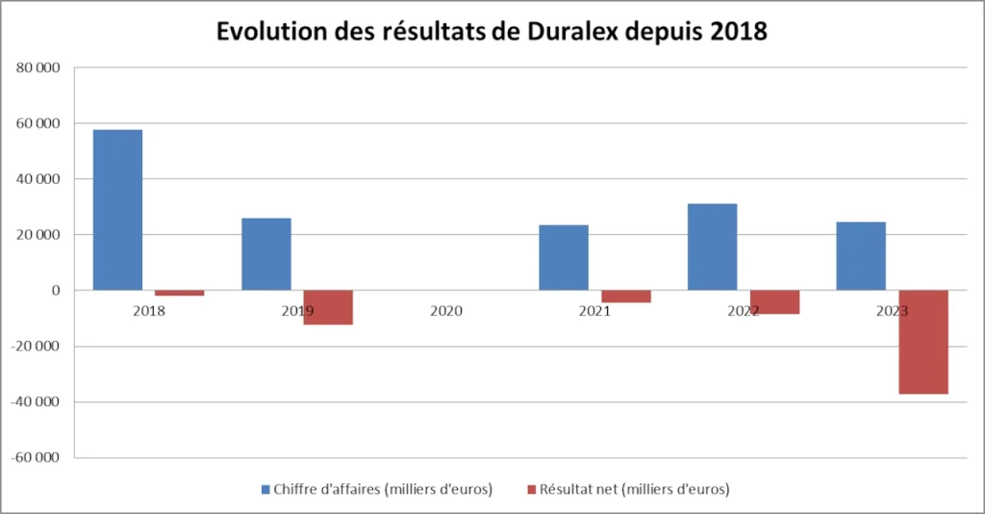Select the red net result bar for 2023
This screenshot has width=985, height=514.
923,342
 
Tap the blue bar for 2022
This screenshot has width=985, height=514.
712,246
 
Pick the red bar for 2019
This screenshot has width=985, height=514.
328,307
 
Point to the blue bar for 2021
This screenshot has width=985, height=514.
563,257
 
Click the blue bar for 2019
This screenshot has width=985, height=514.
265,254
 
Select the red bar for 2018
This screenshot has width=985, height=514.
179,293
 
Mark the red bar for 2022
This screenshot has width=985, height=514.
774,302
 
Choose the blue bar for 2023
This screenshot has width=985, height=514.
861,256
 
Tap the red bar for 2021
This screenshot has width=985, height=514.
625,296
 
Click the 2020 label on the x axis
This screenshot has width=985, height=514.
446,312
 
